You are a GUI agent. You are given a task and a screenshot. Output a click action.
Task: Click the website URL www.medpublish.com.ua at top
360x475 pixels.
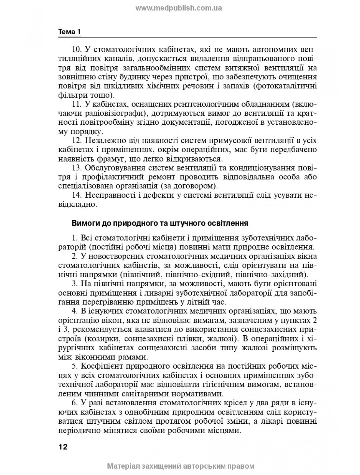(x=178, y=8)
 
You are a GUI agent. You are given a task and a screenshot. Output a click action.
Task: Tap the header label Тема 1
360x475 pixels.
(x=69, y=32)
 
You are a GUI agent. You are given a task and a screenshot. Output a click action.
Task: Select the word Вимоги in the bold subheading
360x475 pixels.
(x=83, y=223)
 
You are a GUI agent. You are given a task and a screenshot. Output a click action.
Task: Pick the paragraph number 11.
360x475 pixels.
(x=76, y=104)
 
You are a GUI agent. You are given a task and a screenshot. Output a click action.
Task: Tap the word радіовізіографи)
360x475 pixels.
(x=121, y=114)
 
